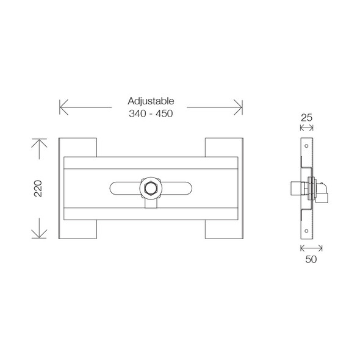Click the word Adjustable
pos(151,101)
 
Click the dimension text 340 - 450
pos(151,114)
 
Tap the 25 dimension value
pos(307,116)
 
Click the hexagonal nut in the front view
pos(149,188)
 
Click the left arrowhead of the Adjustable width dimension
pos(61,107)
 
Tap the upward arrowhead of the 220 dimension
pos(39,142)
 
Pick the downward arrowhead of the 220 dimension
pos(39,236)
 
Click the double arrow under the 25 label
pos(307,128)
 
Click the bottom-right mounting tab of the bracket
pos(223,229)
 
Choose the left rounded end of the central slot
pos(112,189)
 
